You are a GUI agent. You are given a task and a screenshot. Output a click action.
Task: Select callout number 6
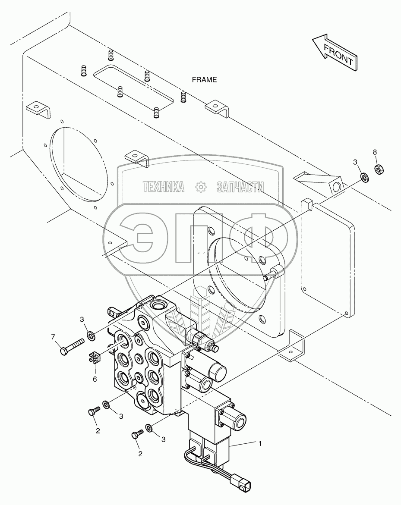coord(95,379)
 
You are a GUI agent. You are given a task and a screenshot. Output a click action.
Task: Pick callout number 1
coord(260,442)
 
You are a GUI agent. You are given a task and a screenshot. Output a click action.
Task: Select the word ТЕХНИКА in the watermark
coord(164,187)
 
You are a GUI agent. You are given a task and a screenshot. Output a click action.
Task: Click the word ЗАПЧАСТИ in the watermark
coord(240,187)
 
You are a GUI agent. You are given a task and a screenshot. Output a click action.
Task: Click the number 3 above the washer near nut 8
coord(355,162)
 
